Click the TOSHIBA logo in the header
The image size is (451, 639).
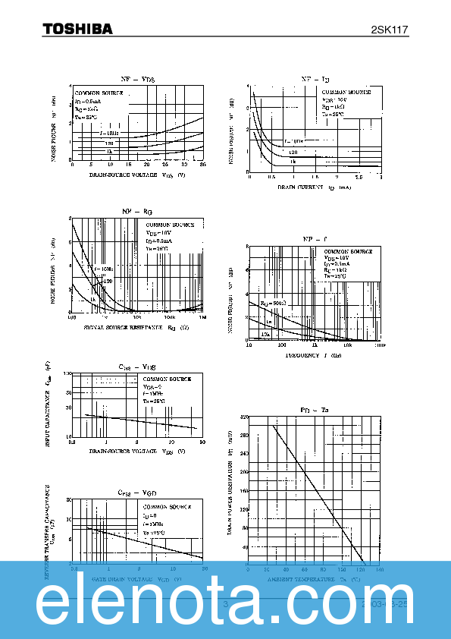[77, 29]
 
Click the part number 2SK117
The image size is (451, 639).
[389, 30]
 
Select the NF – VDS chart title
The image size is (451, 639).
[137, 79]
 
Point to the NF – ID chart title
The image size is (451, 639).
[315, 79]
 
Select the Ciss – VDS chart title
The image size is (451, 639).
[136, 366]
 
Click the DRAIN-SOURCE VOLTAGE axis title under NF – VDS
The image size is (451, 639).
[137, 175]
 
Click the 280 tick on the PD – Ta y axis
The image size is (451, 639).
[243, 435]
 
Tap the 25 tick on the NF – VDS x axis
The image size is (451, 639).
[165, 165]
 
